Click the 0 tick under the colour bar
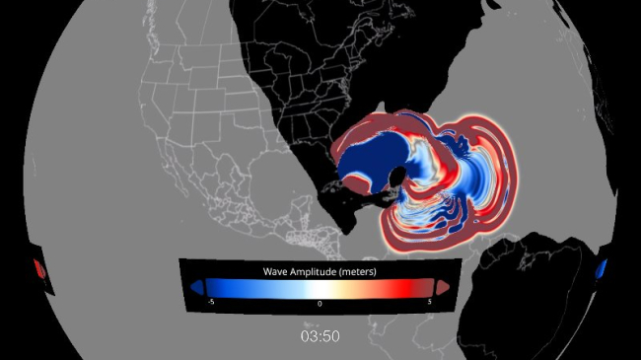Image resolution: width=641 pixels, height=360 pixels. coord(320,305)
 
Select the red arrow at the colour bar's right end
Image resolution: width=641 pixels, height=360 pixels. coord(445,286)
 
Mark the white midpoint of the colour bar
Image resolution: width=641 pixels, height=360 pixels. coord(320,286)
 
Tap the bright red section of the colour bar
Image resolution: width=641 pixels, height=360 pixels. coord(404,286)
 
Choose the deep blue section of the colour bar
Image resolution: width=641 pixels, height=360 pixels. coord(222,286)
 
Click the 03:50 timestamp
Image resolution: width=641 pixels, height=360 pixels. coord(320,336)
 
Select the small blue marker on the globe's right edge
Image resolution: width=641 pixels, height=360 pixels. coord(603,268)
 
